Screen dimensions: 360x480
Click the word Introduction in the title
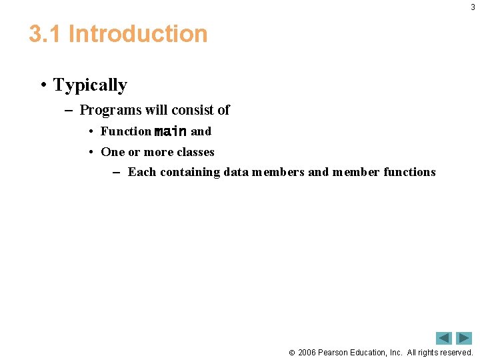(138, 34)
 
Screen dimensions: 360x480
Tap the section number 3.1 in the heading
(45, 34)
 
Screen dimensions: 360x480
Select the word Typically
(90, 85)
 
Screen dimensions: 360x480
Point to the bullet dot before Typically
(43, 85)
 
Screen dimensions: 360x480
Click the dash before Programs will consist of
(68, 110)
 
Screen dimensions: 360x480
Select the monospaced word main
(171, 131)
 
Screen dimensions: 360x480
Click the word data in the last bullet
(236, 172)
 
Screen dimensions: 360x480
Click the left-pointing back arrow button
(444, 338)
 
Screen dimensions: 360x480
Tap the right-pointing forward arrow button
(463, 338)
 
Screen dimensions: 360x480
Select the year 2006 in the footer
(307, 352)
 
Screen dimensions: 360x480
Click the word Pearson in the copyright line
(335, 352)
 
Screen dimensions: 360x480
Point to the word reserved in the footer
(455, 352)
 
